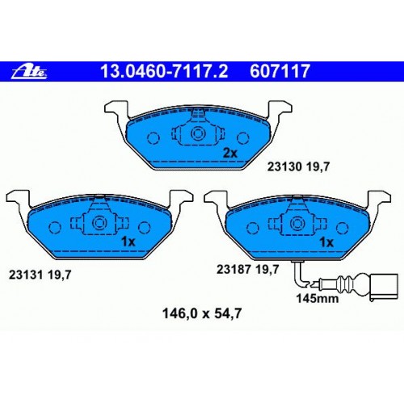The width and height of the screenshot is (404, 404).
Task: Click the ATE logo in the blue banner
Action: pos(29,72)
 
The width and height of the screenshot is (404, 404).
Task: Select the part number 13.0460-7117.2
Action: pos(164,71)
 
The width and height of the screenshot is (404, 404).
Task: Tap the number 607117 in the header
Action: pos(280,71)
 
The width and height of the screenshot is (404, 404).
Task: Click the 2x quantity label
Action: pos(230,154)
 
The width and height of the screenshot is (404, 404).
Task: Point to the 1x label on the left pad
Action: pos(128,242)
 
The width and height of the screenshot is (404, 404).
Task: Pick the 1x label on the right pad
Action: pos(326,242)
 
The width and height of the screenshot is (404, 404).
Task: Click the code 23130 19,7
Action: pos(298,167)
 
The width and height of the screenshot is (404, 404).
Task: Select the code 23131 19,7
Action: pos(40,275)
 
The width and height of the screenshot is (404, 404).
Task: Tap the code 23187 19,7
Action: pos(247,269)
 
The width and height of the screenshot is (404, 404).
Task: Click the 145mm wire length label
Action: pos(318,298)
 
